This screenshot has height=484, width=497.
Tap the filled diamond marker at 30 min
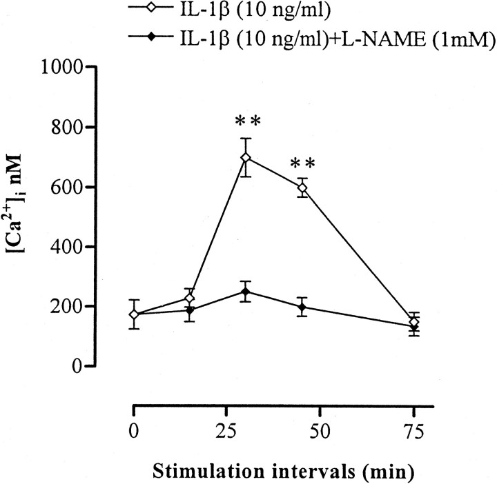tap(245, 292)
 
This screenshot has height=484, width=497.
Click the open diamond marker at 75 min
tap(414, 322)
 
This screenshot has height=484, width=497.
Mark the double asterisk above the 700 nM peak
tap(246, 122)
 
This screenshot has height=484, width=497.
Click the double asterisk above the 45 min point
tap(302, 164)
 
